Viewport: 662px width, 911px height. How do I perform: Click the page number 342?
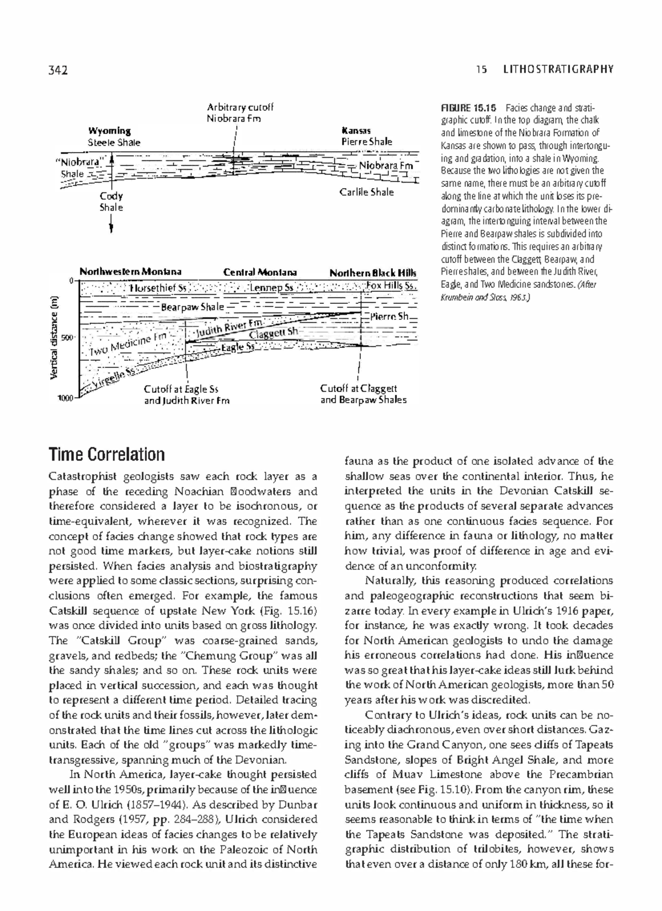click(x=57, y=69)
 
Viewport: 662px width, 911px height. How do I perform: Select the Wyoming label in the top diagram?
click(x=109, y=131)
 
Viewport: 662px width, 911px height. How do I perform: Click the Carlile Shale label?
click(x=366, y=192)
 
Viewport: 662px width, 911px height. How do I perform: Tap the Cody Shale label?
click(x=111, y=202)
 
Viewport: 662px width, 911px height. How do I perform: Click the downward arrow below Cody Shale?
click(x=111, y=223)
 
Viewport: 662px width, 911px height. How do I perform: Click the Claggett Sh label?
click(x=274, y=333)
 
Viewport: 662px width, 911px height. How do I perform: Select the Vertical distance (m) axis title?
click(x=55, y=337)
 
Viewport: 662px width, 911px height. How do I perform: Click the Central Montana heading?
click(x=260, y=272)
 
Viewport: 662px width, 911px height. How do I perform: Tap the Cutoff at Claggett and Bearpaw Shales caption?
click(x=363, y=394)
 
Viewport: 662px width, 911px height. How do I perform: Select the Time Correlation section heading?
click(x=107, y=454)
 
